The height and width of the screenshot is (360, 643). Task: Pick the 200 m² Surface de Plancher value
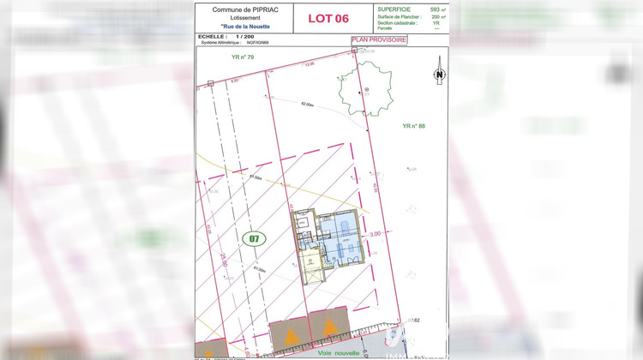tap(436, 15)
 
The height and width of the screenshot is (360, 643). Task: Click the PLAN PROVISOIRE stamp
tap(379, 39)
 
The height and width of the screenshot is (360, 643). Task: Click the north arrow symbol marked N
tap(439, 74)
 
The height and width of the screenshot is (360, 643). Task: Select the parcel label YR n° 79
tap(243, 57)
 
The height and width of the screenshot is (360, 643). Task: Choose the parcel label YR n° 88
tap(413, 126)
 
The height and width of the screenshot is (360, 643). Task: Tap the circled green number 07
tap(253, 238)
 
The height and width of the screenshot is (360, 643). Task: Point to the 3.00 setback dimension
tap(375, 233)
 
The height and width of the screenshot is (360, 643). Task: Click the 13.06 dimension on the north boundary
tap(309, 63)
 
